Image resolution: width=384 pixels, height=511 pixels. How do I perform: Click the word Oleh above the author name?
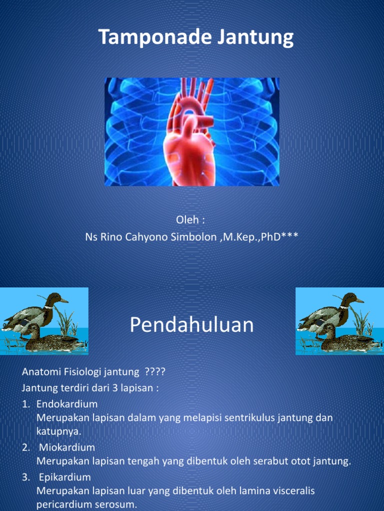tap(187, 220)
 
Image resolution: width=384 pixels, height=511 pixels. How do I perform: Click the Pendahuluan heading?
tap(192, 325)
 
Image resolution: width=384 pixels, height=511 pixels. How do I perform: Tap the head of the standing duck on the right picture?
tap(352, 298)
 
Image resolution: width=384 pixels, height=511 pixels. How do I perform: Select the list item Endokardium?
tap(67, 404)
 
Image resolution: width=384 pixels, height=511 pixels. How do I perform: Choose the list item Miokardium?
tap(67, 447)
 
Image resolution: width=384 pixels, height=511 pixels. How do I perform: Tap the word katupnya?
tap(58, 431)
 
